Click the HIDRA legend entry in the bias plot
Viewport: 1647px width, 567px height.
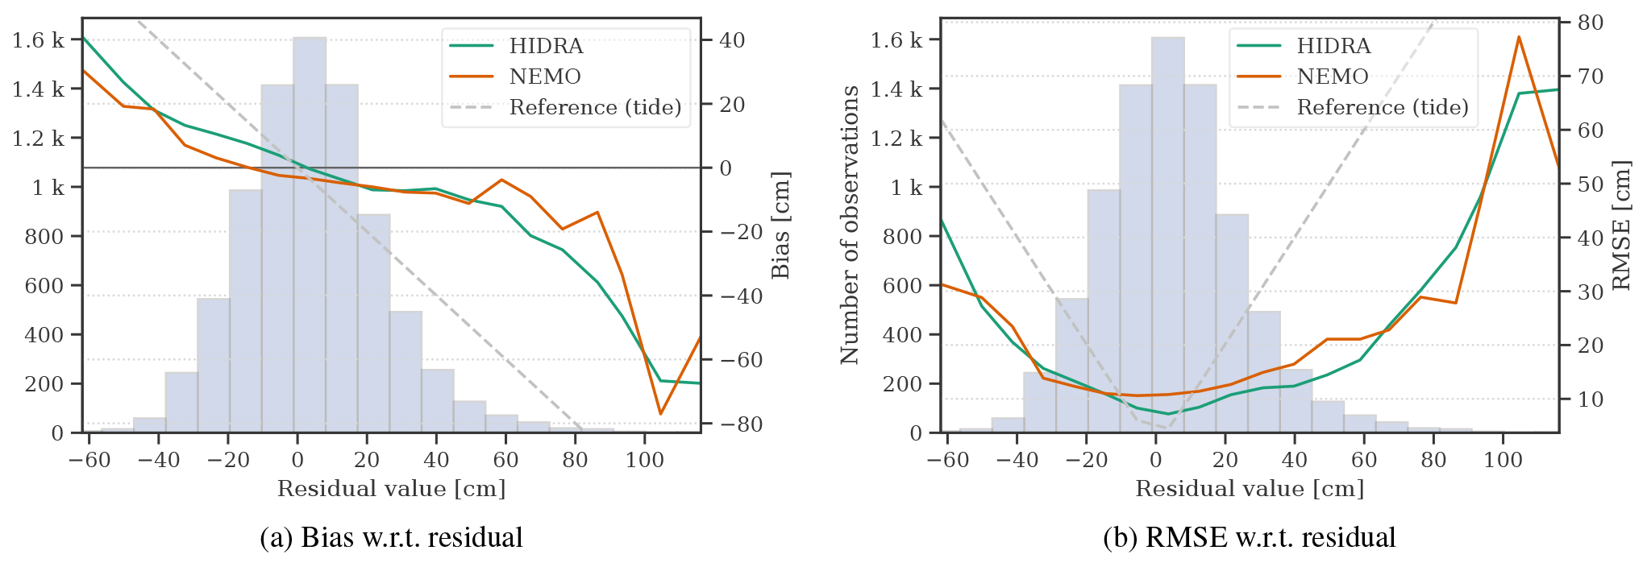point(546,46)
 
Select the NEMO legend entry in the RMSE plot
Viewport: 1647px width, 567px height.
point(1332,77)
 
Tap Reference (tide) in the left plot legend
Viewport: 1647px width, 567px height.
point(595,107)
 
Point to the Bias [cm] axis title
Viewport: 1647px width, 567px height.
point(780,225)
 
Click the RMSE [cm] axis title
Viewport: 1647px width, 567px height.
point(1621,225)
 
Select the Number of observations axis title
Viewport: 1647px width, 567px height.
point(850,225)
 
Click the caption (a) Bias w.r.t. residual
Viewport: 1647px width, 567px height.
point(391,537)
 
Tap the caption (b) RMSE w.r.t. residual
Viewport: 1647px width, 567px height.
point(1250,537)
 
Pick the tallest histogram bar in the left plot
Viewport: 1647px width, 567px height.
point(310,234)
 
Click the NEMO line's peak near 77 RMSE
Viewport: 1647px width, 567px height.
point(1519,37)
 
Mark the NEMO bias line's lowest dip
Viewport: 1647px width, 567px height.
point(660,414)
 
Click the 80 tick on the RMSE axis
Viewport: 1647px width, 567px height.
point(1590,23)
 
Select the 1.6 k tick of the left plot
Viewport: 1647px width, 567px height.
point(38,39)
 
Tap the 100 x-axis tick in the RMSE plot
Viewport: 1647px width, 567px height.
point(1503,460)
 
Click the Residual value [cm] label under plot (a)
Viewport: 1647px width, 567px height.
point(391,489)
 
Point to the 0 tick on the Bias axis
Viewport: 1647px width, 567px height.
point(726,168)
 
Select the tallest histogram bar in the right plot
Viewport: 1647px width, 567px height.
point(1168,234)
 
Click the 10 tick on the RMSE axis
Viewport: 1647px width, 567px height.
point(1590,399)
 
